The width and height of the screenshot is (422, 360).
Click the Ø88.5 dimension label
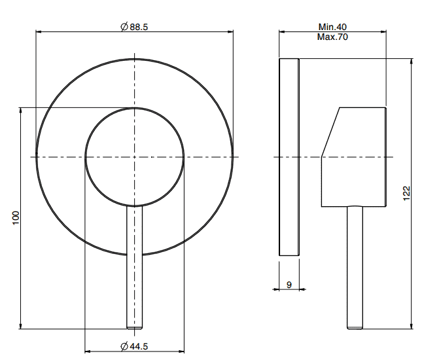134,27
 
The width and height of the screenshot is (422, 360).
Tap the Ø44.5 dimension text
134,346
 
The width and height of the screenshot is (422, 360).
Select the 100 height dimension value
16,218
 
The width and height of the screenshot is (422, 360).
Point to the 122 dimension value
406,193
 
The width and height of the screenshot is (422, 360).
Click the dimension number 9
289,285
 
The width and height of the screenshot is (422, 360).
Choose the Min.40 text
332,27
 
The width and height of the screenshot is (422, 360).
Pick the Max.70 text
332,37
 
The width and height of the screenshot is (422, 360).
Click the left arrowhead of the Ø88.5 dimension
39,32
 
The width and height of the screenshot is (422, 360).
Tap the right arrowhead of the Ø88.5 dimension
230,32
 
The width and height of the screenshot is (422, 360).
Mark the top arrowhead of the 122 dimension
412,62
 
